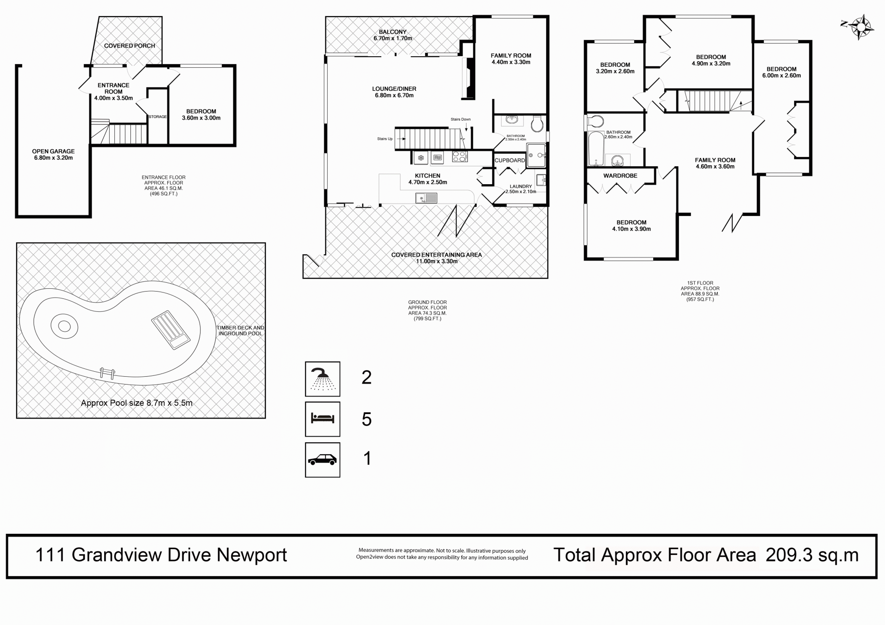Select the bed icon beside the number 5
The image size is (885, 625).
323,419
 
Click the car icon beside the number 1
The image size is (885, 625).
323,460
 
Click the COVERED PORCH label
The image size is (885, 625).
130,46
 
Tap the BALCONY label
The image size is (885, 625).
393,32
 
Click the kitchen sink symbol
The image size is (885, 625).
426,198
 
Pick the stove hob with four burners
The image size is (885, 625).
460,157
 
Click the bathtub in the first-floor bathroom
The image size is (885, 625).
596,149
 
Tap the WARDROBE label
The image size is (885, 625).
620,175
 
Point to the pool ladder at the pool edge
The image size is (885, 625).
107,373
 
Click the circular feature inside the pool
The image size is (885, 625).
64,327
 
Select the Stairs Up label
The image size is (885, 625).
385,139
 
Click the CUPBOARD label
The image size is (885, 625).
510,160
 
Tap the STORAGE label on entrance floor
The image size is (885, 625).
158,117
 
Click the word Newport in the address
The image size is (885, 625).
252,555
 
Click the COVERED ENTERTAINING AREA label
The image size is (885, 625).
437,255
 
